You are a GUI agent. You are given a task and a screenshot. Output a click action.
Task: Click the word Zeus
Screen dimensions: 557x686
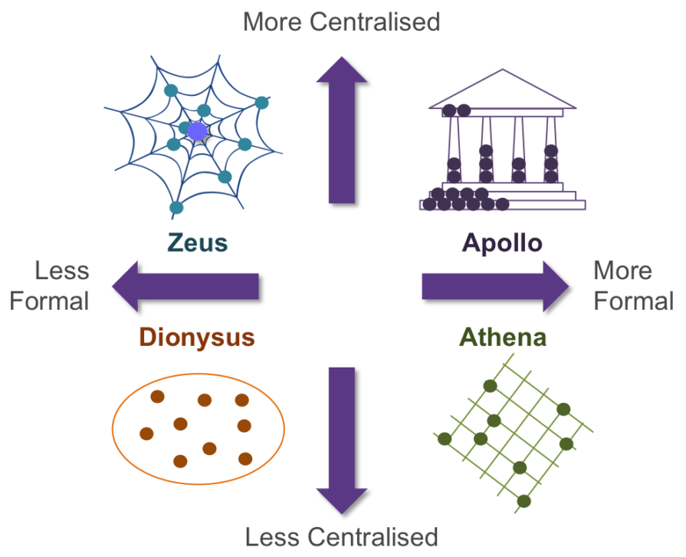click(x=199, y=244)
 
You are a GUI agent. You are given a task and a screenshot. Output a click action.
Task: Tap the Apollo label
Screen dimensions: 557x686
click(x=502, y=244)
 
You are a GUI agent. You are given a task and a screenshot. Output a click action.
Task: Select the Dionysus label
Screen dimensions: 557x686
click(x=196, y=338)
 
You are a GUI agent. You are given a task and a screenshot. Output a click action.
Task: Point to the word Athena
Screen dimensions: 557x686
click(x=503, y=338)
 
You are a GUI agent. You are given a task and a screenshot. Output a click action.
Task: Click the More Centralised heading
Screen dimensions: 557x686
click(x=342, y=21)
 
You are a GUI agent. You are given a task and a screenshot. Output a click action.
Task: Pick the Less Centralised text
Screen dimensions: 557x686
click(x=342, y=536)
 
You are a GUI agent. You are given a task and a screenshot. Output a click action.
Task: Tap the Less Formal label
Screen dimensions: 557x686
click(x=51, y=285)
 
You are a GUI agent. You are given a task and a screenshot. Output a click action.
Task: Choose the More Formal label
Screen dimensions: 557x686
click(x=633, y=285)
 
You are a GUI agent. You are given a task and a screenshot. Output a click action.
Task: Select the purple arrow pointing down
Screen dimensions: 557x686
click(x=342, y=437)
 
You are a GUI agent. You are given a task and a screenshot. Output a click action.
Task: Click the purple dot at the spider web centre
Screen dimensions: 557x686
click(x=197, y=131)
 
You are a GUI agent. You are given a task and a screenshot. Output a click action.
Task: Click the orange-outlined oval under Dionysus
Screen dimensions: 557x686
click(x=199, y=429)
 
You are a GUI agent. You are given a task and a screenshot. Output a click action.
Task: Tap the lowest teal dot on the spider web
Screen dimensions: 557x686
click(x=176, y=207)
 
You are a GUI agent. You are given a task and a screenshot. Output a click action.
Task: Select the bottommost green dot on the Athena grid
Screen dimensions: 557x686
click(x=524, y=501)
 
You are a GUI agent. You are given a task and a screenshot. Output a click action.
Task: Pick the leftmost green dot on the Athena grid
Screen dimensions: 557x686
click(x=443, y=438)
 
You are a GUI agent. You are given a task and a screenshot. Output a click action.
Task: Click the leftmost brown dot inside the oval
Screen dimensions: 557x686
click(x=146, y=433)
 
